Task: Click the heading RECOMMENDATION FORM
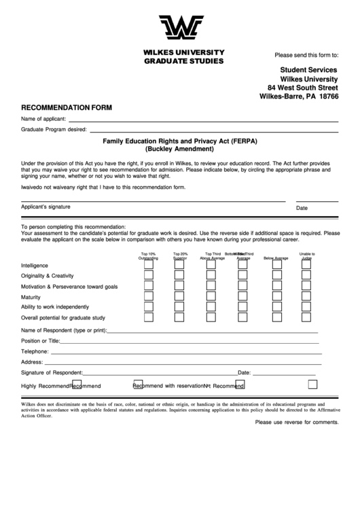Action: click(x=67, y=107)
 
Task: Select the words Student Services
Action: click(x=309, y=70)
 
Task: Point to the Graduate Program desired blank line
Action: click(x=214, y=130)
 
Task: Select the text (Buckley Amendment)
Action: click(x=180, y=150)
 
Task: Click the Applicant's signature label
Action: click(x=46, y=207)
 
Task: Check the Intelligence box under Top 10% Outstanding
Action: click(x=148, y=265)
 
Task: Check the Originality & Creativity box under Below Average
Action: click(x=276, y=276)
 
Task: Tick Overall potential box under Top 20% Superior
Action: click(x=179, y=317)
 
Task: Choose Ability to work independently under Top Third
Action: click(x=211, y=307)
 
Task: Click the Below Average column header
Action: click(x=276, y=258)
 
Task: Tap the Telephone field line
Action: click(x=185, y=353)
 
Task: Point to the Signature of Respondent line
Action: click(x=160, y=374)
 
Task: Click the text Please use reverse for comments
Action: click(x=296, y=422)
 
